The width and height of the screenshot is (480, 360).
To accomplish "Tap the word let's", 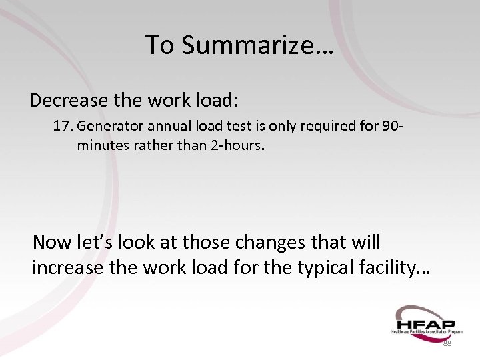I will coord(89,241).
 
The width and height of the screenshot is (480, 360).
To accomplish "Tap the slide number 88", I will coord(447,343).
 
